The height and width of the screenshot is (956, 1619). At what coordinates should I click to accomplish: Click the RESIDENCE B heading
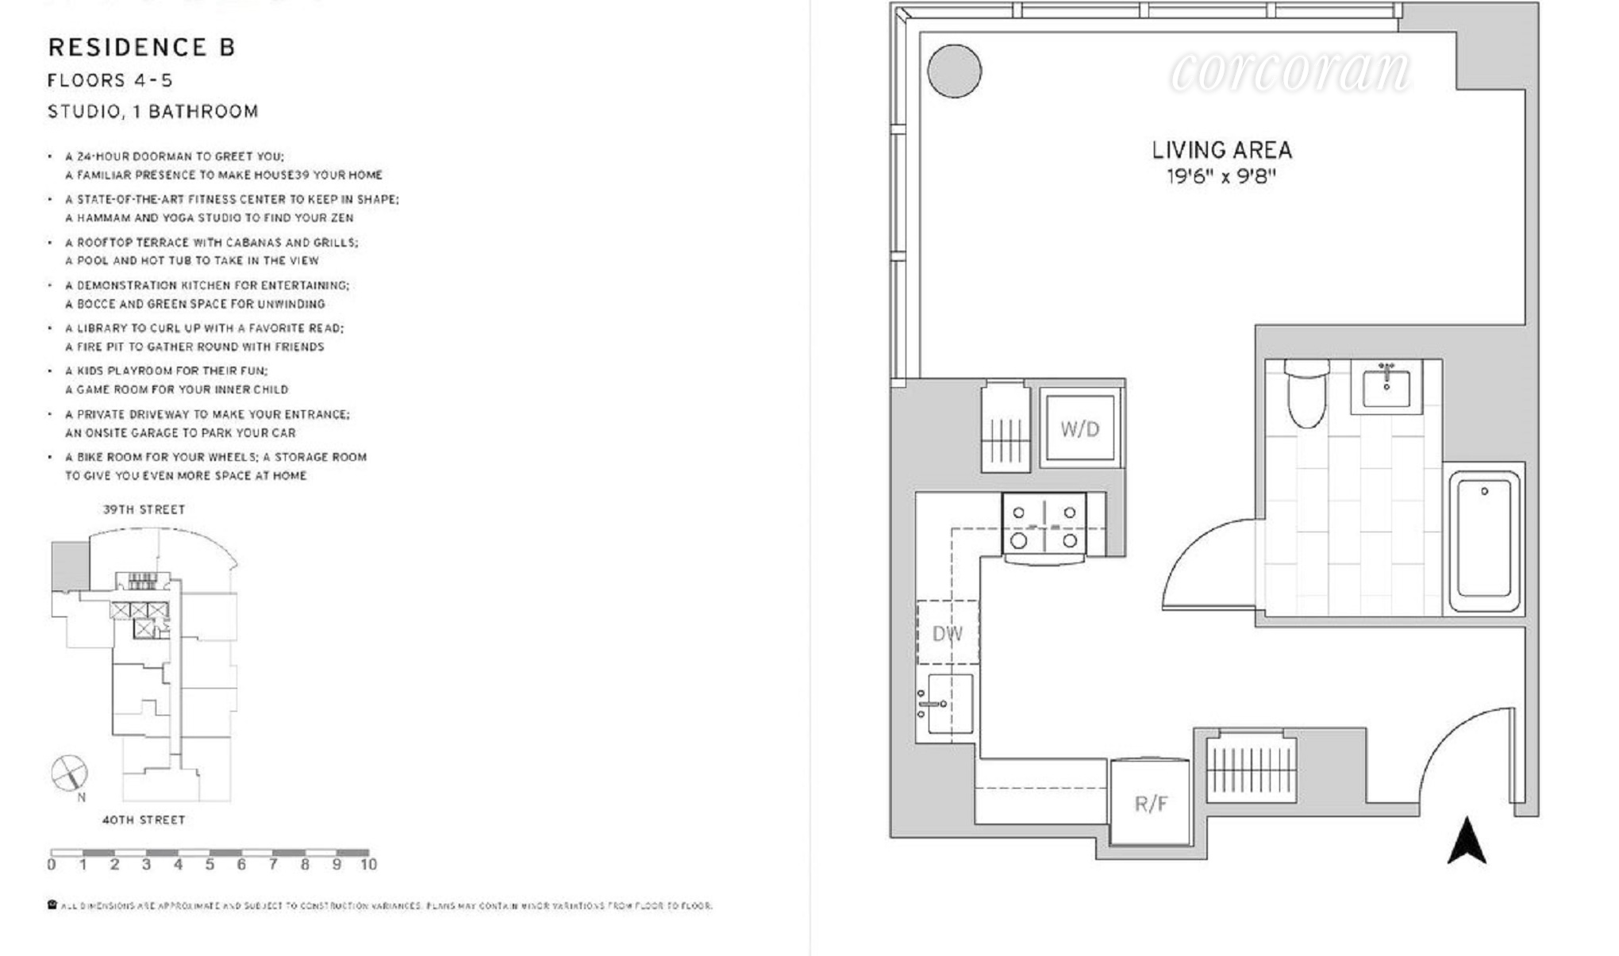click(141, 48)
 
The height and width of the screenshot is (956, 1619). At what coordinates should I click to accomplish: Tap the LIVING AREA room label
click(1221, 150)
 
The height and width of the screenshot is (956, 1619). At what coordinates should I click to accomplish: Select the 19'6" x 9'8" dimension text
click(1221, 176)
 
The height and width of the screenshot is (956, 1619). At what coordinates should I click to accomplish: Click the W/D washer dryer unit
click(1080, 428)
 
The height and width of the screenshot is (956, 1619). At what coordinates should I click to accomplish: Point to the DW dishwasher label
click(948, 633)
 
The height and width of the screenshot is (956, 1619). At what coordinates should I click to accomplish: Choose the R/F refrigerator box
click(1150, 803)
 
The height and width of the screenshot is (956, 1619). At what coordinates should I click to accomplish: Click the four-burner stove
click(1044, 525)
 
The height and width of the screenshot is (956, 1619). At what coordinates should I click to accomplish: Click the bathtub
click(1484, 541)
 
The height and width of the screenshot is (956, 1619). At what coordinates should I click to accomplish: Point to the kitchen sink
click(946, 704)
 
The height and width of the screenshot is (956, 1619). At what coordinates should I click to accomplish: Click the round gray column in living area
click(954, 71)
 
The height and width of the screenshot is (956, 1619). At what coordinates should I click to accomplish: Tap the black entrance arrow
click(1467, 841)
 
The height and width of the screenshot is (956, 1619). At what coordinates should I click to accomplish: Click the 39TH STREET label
click(144, 509)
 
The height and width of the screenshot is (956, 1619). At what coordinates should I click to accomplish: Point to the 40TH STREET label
click(144, 820)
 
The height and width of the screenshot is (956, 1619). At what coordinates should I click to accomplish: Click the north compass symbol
click(70, 774)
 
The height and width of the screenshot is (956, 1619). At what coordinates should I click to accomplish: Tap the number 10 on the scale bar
click(368, 865)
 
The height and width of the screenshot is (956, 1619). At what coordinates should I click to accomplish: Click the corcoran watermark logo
click(1290, 71)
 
